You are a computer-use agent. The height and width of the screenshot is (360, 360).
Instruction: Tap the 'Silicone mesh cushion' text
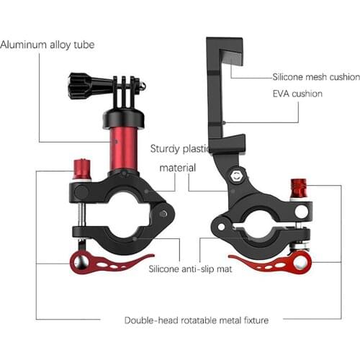[x=315, y=76]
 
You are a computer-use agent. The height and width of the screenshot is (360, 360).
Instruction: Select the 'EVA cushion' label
[x=303, y=94]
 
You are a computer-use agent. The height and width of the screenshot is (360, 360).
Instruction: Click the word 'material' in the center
[x=177, y=168]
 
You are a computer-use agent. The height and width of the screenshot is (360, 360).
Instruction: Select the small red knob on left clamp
[x=82, y=169]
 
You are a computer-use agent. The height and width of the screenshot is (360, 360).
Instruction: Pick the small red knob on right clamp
[x=297, y=191]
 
